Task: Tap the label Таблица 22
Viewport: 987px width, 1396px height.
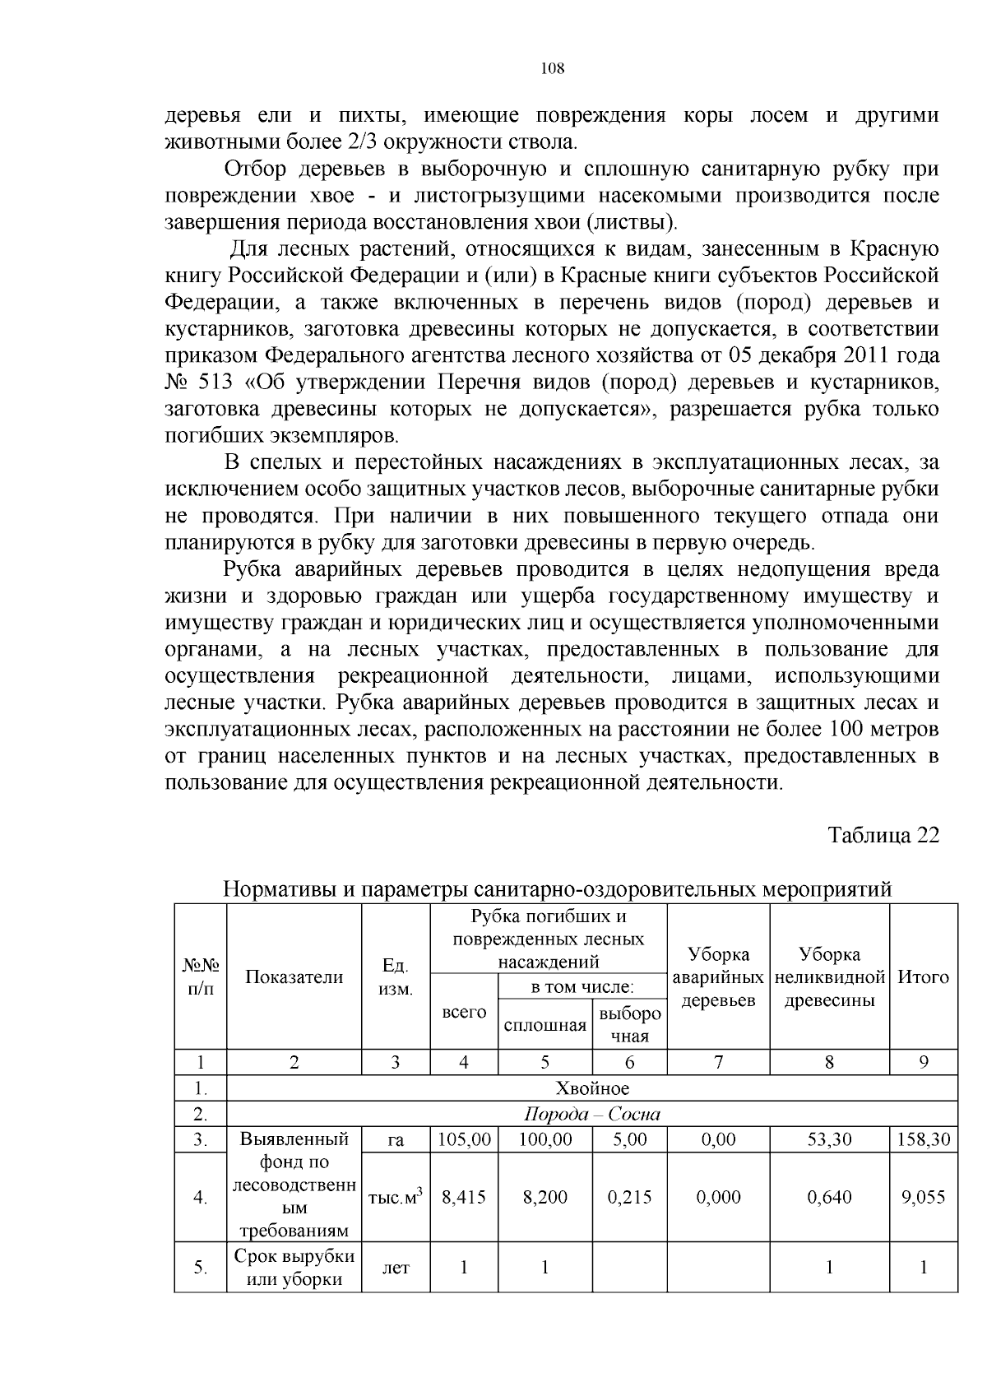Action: pyautogui.click(x=883, y=835)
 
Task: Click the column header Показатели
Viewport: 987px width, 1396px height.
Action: pyautogui.click(x=294, y=976)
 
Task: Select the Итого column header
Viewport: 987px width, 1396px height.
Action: pyautogui.click(x=923, y=976)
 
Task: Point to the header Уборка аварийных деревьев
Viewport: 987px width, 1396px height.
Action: pyautogui.click(x=718, y=977)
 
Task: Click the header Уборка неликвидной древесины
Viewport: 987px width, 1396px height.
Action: pyautogui.click(x=829, y=977)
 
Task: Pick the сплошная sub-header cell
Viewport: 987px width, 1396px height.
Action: pyautogui.click(x=544, y=1025)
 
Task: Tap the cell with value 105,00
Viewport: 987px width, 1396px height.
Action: pyautogui.click(x=464, y=1139)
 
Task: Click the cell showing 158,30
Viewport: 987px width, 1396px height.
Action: pyautogui.click(x=923, y=1139)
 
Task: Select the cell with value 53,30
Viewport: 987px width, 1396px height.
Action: pyautogui.click(x=829, y=1139)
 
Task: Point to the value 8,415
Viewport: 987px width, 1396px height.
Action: pyautogui.click(x=464, y=1197)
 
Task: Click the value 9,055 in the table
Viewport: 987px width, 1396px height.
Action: pyautogui.click(x=923, y=1197)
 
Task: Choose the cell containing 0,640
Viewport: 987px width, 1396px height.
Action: pyautogui.click(x=829, y=1197)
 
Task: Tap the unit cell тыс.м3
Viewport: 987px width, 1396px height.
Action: pyautogui.click(x=396, y=1197)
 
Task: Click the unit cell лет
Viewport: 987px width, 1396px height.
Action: pyautogui.click(x=396, y=1268)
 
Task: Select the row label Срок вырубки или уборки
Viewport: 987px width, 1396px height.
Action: pyautogui.click(x=294, y=1268)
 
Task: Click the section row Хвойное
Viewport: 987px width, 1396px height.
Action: pyautogui.click(x=592, y=1088)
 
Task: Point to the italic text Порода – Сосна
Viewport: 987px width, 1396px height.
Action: pyautogui.click(x=592, y=1115)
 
